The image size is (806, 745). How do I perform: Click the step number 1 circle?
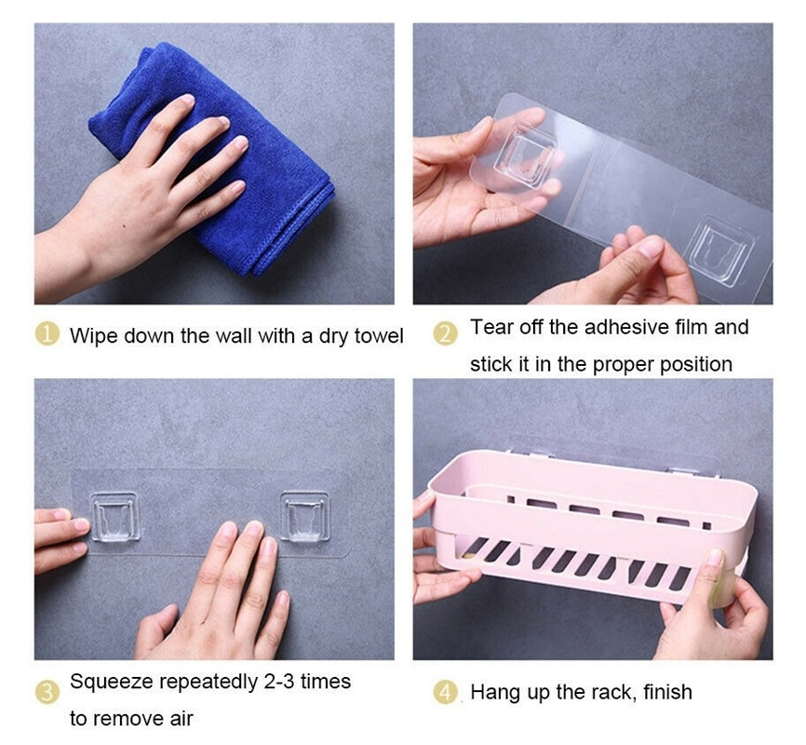(47, 333)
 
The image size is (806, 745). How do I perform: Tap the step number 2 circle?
(445, 333)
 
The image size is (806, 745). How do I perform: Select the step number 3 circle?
(47, 692)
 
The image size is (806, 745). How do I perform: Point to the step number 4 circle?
(445, 692)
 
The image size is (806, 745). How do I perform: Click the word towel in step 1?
(378, 336)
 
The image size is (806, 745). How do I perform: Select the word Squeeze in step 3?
(111, 683)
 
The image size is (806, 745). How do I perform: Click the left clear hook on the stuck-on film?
(115, 517)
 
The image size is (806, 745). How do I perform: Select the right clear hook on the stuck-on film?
(305, 517)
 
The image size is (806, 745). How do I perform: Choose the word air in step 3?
(182, 719)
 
